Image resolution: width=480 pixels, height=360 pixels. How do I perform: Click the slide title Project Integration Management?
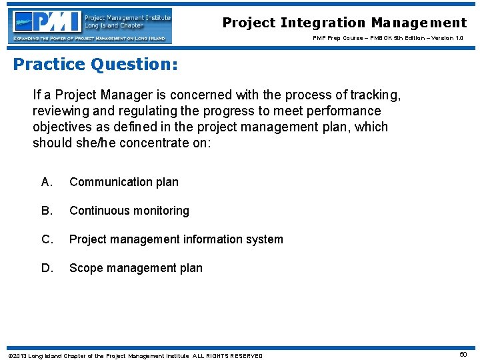345,23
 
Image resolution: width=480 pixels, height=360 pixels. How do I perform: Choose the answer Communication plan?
124,182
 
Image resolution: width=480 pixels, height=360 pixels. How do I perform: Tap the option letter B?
47,211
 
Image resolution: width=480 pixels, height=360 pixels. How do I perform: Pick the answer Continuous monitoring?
129,211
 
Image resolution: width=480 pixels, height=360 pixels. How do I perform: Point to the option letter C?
47,239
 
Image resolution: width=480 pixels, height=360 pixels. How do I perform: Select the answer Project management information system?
176,239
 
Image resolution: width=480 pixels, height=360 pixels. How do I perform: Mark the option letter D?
47,268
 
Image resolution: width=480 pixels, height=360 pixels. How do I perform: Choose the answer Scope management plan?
136,268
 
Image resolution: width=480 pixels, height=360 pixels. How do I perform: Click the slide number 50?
463,355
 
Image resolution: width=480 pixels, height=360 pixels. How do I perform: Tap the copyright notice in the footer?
135,355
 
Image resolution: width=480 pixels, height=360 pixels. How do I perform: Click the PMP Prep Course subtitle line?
388,38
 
